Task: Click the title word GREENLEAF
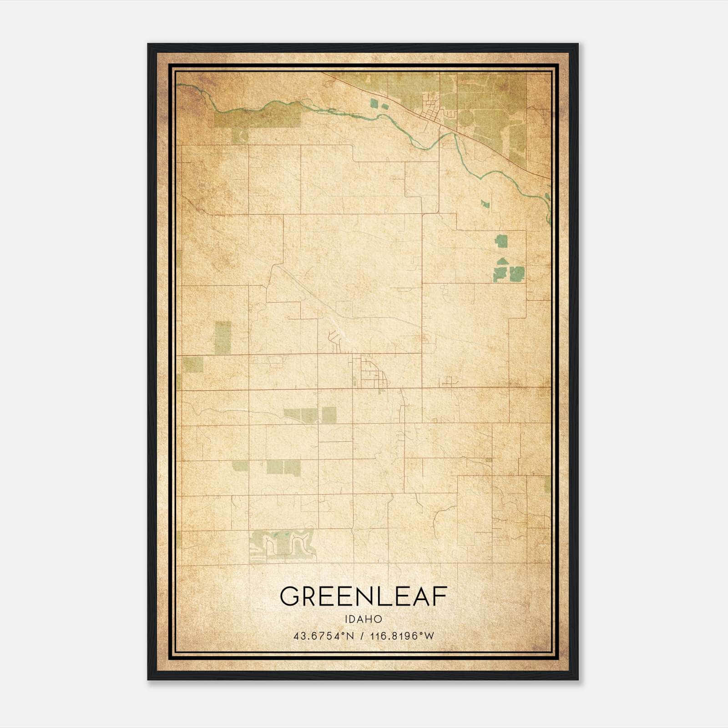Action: (363, 596)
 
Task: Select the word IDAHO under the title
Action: (363, 619)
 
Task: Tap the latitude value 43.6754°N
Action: (324, 636)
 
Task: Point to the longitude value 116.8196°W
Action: (402, 636)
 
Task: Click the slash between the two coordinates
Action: (363, 636)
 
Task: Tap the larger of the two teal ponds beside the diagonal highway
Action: (374, 103)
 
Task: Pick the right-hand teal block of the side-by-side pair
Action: (517, 273)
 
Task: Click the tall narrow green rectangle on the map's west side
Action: (222, 337)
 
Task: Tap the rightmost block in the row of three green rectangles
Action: (329, 415)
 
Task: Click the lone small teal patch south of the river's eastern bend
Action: (485, 204)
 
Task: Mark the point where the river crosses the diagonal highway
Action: (455, 134)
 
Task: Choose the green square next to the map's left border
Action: (193, 364)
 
